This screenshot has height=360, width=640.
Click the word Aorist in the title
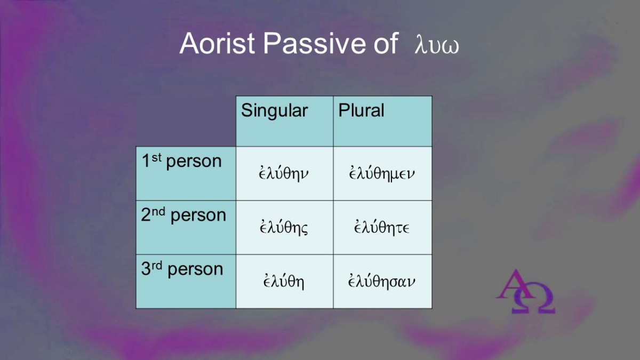pyautogui.click(x=217, y=43)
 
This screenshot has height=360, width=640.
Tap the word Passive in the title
pyautogui.click(x=314, y=43)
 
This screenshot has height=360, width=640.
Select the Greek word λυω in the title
pyautogui.click(x=437, y=45)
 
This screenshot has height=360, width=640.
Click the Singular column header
pyautogui.click(x=274, y=111)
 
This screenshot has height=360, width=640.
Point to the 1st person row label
pyautogui.click(x=182, y=161)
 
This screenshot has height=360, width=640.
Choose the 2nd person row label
pyautogui.click(x=183, y=215)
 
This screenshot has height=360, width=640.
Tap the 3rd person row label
pyautogui.click(x=182, y=269)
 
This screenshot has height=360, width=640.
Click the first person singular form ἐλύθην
pyautogui.click(x=284, y=173)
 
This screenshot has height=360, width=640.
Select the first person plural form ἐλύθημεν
pyautogui.click(x=382, y=173)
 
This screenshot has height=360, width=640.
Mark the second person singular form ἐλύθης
pyautogui.click(x=284, y=227)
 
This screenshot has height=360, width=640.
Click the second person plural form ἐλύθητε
pyautogui.click(x=382, y=227)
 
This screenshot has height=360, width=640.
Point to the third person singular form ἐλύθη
pyautogui.click(x=284, y=281)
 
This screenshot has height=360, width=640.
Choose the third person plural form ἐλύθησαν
pyautogui.click(x=382, y=281)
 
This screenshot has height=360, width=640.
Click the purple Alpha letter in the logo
pyautogui.click(x=514, y=284)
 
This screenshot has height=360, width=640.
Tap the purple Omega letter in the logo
pyautogui.click(x=534, y=298)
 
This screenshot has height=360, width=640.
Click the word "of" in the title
pyautogui.click(x=386, y=43)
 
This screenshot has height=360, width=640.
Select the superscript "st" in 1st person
pyautogui.click(x=157, y=157)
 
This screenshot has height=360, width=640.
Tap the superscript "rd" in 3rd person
pyautogui.click(x=157, y=266)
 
